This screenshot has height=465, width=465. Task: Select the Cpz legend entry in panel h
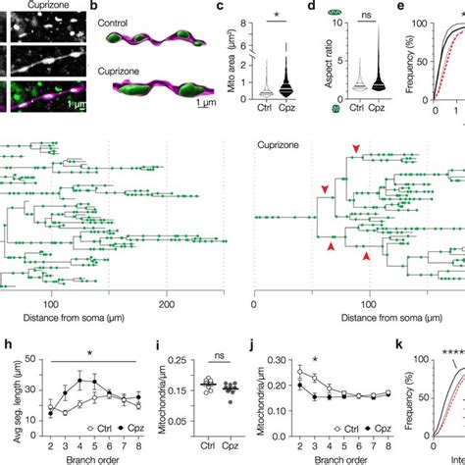112,431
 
